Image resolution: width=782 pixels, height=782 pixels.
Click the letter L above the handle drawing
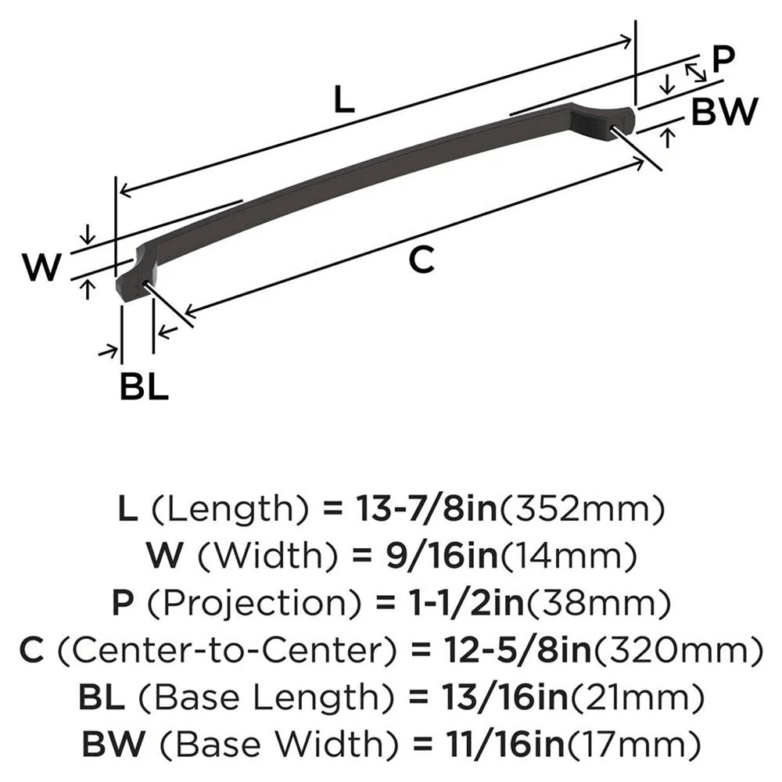pos(343,99)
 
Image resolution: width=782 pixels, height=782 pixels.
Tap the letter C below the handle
pos(421,260)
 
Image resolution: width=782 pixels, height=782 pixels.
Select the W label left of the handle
pos(41,267)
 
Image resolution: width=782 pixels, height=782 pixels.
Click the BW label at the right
pos(725,112)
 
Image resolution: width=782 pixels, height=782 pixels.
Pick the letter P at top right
pos(723,59)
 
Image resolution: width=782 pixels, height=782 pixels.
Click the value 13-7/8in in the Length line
pos(427,509)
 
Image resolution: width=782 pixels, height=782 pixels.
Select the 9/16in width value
pos(442,555)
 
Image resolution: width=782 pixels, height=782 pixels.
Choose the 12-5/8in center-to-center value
pos(517,650)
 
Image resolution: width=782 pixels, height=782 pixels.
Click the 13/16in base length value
pos(504,697)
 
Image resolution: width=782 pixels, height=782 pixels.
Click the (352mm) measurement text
pos(582,509)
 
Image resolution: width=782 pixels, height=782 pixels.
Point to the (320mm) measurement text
pos(677,651)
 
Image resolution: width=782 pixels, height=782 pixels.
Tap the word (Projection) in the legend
pos(254,603)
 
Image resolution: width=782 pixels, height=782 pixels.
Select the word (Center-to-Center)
pos(228,651)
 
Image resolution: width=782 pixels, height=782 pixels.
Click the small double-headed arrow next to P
pos(695,72)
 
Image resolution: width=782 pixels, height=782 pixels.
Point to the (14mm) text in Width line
pos(568,556)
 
